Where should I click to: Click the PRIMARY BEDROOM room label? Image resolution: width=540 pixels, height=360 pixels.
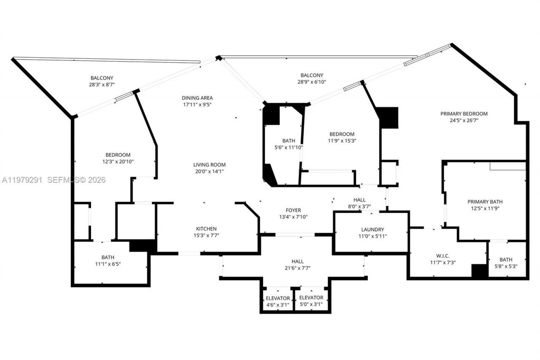pyautogui.click(x=464, y=114)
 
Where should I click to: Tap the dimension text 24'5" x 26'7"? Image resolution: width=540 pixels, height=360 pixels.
pyautogui.click(x=464, y=120)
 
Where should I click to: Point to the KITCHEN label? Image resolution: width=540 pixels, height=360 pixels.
pyautogui.click(x=206, y=229)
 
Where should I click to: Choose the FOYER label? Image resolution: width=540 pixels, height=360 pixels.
pyautogui.click(x=293, y=210)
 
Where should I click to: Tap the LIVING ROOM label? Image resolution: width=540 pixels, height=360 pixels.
pyautogui.click(x=209, y=165)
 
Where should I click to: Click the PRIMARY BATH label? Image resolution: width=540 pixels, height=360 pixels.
pyautogui.click(x=485, y=202)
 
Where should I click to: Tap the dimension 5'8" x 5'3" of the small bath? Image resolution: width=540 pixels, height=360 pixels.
pyautogui.click(x=506, y=266)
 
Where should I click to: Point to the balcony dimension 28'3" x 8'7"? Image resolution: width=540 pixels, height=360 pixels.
pyautogui.click(x=102, y=84)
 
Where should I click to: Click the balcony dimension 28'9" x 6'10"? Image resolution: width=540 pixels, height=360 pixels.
pyautogui.click(x=312, y=82)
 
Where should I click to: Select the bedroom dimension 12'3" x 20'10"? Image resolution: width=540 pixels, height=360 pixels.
pyautogui.click(x=118, y=161)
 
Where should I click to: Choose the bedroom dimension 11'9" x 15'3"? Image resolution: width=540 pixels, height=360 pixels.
pyautogui.click(x=342, y=141)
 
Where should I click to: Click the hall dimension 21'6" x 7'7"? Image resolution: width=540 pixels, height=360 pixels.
pyautogui.click(x=297, y=268)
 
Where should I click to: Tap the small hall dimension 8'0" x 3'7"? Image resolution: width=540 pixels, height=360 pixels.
pyautogui.click(x=359, y=206)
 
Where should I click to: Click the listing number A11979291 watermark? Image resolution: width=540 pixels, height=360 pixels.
pyautogui.click(x=22, y=180)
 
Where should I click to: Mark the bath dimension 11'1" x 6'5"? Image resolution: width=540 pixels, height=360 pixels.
pyautogui.click(x=108, y=264)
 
